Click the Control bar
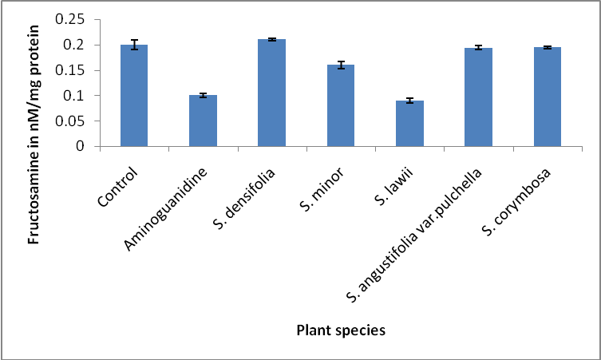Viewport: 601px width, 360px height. (x=134, y=96)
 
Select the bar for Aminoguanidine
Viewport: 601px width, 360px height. (x=203, y=121)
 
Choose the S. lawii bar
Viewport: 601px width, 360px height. (x=409, y=124)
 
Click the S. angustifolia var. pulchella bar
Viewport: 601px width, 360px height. (x=478, y=97)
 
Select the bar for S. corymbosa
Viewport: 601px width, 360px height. (x=548, y=97)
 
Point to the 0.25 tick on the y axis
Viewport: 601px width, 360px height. (x=78, y=19)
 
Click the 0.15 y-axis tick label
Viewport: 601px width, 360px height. (x=78, y=70)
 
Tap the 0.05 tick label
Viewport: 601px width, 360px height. (x=78, y=121)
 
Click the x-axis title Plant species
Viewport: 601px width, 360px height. (x=340, y=330)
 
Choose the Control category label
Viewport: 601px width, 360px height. (x=121, y=181)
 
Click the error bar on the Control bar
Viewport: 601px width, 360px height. (x=134, y=45)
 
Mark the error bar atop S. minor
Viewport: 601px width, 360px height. (x=341, y=65)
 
